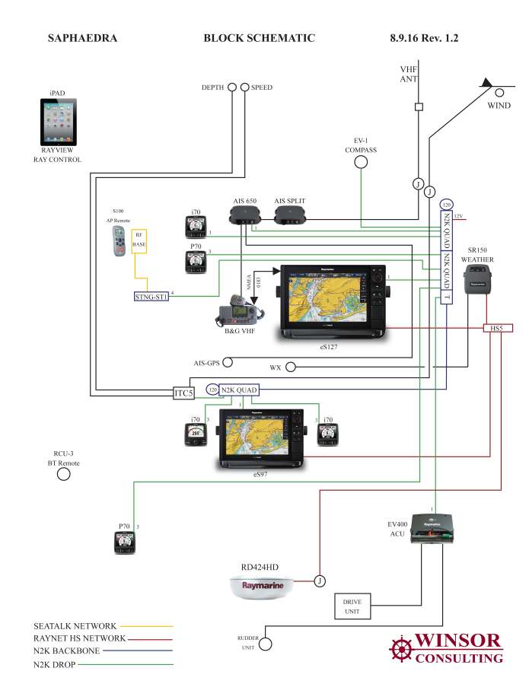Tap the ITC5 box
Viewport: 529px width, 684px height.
pos(183,393)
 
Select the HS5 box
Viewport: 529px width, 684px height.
pos(498,328)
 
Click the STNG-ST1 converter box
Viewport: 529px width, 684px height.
pos(151,296)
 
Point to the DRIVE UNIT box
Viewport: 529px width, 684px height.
pos(352,606)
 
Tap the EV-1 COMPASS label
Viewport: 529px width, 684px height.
pos(360,145)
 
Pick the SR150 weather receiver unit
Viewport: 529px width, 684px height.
pos(477,280)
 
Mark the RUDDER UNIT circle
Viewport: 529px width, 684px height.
pos(266,645)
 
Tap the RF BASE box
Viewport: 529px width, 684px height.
pos(139,241)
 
